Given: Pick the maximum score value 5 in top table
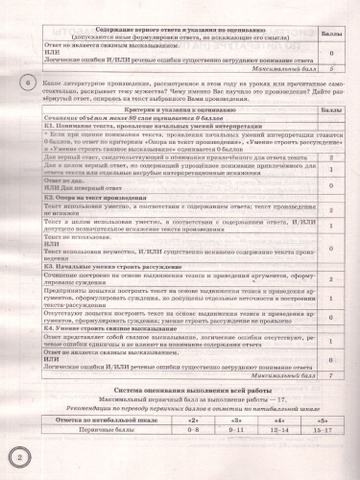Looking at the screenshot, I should tap(329, 68).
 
